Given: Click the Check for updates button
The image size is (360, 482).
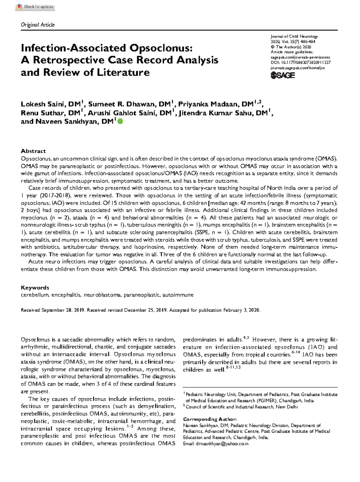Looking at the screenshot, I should pos(35,7).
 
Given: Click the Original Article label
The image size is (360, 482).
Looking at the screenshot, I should pos(37,25).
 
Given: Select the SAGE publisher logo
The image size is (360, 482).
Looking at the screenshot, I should pos(283,76).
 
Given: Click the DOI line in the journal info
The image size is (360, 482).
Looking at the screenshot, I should pos(300,62).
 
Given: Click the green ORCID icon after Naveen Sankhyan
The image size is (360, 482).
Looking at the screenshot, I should pos(120,122).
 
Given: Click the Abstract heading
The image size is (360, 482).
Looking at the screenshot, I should pos(33,151).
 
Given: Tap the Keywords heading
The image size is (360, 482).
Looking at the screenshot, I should pos(35,288).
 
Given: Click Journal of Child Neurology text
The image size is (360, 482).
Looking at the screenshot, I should pos(294,36).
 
